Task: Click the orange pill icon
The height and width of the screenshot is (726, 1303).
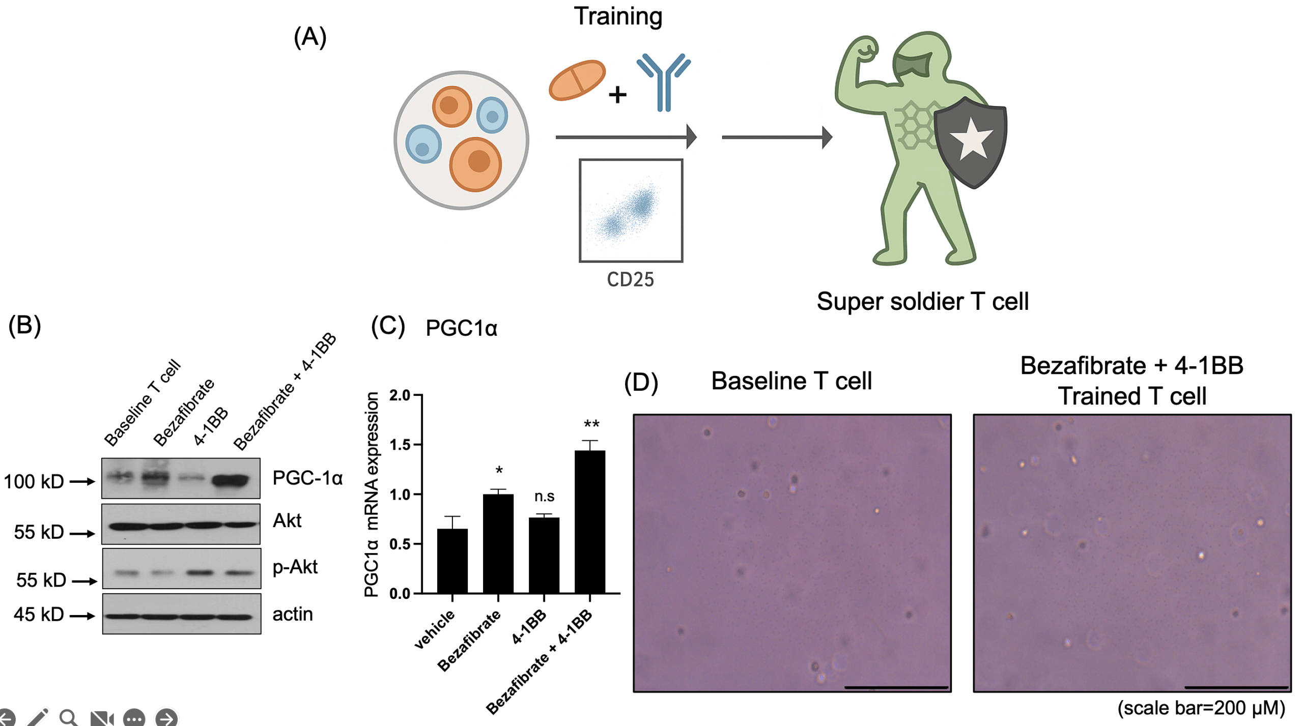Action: [577, 80]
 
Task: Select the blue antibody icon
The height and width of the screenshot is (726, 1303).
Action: [664, 81]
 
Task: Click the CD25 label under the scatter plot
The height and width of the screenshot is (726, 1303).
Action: [630, 280]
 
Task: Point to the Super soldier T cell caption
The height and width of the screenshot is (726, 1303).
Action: [922, 301]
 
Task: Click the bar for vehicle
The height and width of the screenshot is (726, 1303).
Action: [452, 561]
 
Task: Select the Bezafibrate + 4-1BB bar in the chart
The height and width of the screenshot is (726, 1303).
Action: [589, 522]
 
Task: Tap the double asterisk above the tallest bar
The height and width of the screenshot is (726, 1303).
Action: [591, 424]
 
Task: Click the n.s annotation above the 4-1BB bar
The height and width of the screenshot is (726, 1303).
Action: [544, 496]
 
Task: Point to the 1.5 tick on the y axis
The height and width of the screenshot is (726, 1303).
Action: [399, 445]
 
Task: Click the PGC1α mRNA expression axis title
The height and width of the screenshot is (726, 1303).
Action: [372, 494]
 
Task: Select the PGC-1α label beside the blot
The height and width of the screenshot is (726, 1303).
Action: [307, 478]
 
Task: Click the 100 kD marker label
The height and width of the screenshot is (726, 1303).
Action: [34, 481]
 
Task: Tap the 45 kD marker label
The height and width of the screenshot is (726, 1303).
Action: [39, 614]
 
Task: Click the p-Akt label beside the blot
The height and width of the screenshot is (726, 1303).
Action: [295, 567]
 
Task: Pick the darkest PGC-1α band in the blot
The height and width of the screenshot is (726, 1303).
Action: [232, 480]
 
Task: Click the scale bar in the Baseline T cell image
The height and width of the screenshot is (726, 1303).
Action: [896, 687]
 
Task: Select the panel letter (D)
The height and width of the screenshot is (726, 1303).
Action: [641, 382]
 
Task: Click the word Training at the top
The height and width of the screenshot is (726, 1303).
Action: [618, 16]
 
